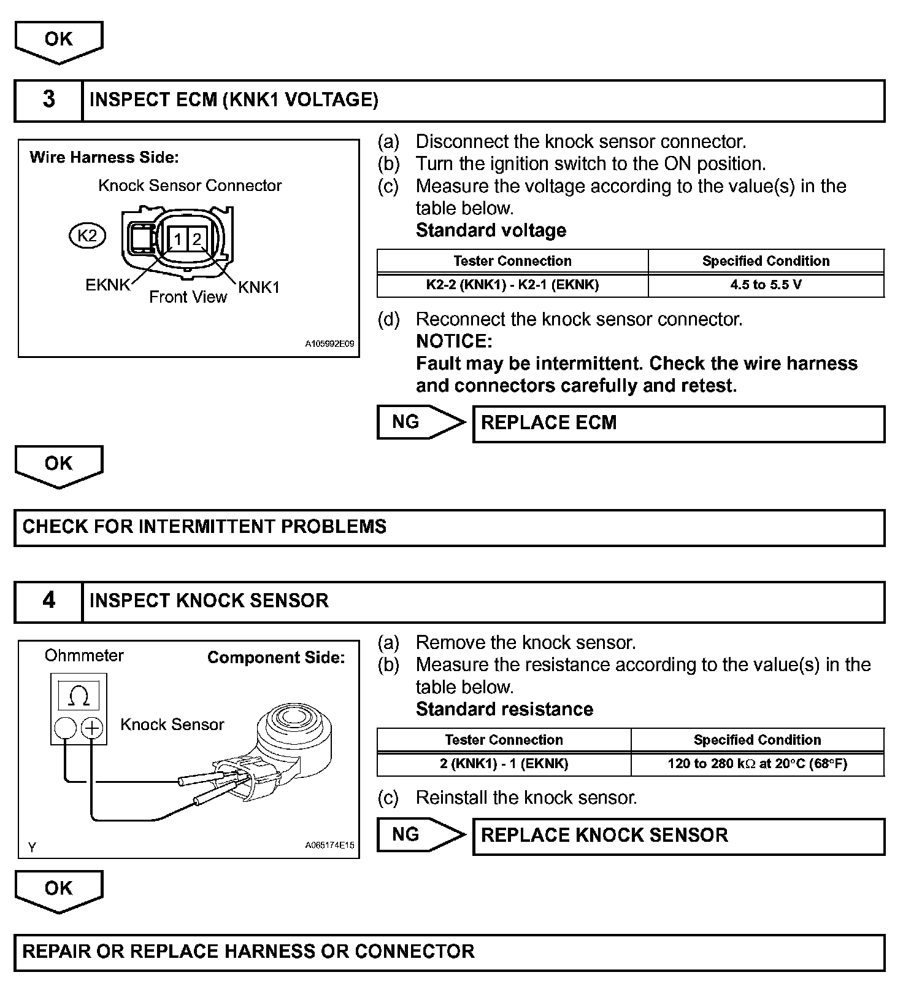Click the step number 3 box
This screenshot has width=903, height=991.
tap(48, 100)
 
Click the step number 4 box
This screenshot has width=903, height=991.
tap(48, 601)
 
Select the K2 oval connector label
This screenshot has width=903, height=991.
tap(87, 236)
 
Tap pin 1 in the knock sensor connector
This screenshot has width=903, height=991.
tap(177, 239)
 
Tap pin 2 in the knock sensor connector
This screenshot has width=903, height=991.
tap(197, 239)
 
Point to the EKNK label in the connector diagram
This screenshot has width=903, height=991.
tap(108, 285)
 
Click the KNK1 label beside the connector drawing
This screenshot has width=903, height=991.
tap(259, 287)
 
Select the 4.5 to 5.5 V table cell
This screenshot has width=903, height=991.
tap(766, 285)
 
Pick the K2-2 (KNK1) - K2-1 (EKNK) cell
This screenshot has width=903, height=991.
tap(512, 285)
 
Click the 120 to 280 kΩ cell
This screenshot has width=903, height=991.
tap(757, 764)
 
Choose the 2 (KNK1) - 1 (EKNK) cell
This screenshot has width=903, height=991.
tap(504, 764)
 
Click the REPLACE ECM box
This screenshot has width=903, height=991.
tap(678, 424)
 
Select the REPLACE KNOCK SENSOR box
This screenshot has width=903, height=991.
tap(678, 836)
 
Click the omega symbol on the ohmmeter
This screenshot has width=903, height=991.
tap(79, 696)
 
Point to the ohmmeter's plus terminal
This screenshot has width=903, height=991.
tap(92, 729)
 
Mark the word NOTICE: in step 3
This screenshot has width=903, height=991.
tap(454, 341)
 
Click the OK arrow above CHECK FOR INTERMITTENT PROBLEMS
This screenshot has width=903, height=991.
tap(59, 465)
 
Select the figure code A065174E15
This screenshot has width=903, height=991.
tap(329, 845)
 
